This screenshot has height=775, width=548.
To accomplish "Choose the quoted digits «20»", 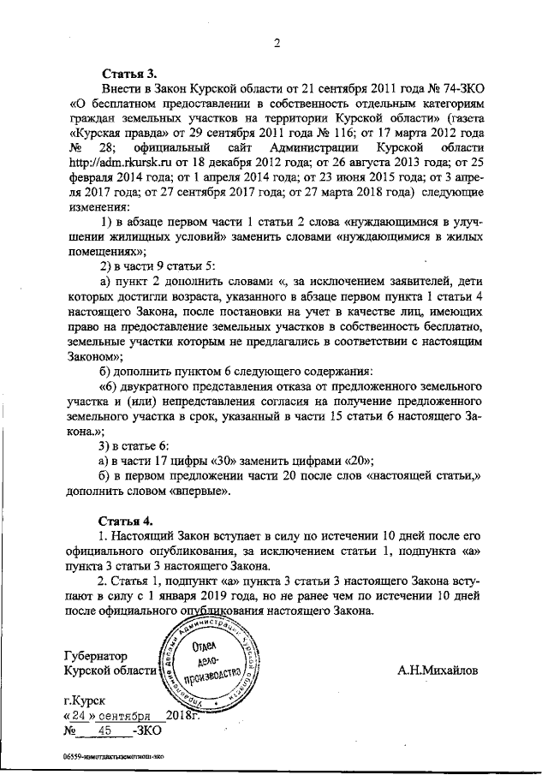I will [x=357, y=461].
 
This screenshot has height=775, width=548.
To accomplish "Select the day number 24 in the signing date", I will [x=79, y=715].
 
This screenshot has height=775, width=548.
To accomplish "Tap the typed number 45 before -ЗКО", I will [x=105, y=731].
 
